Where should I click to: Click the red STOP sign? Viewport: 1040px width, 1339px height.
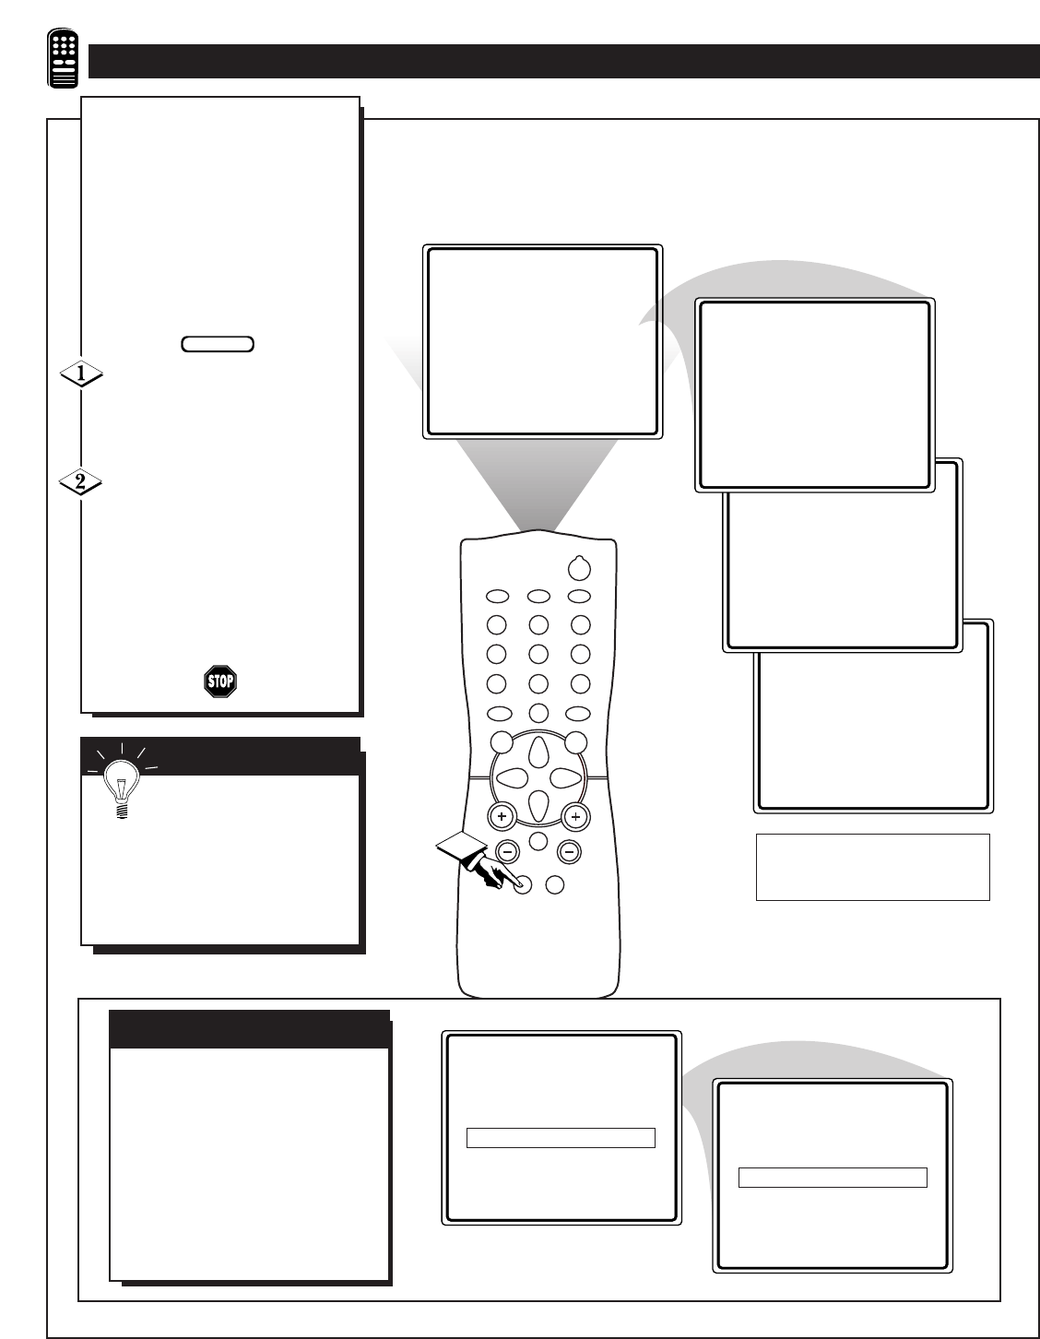220,681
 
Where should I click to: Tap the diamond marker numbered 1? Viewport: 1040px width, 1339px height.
81,373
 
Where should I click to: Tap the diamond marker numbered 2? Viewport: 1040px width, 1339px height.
81,482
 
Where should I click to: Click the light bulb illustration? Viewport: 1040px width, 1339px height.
122,781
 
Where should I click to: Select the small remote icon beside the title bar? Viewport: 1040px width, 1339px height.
63,58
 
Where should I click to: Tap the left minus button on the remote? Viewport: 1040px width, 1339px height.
508,852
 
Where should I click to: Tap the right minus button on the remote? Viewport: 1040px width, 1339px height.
569,852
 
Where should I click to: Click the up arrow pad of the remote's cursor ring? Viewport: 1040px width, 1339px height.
538,752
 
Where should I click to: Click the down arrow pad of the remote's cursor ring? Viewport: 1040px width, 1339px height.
538,805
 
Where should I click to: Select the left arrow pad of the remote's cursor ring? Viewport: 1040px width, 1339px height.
512,778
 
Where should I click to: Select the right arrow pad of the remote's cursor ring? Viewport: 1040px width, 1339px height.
565,778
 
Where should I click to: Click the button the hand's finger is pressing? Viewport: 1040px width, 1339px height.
523,885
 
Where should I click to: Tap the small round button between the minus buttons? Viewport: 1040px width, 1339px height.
538,841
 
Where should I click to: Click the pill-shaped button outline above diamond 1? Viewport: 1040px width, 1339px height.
218,344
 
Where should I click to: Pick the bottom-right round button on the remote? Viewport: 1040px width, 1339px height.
555,885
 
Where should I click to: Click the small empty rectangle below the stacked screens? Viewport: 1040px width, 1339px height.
872,867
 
